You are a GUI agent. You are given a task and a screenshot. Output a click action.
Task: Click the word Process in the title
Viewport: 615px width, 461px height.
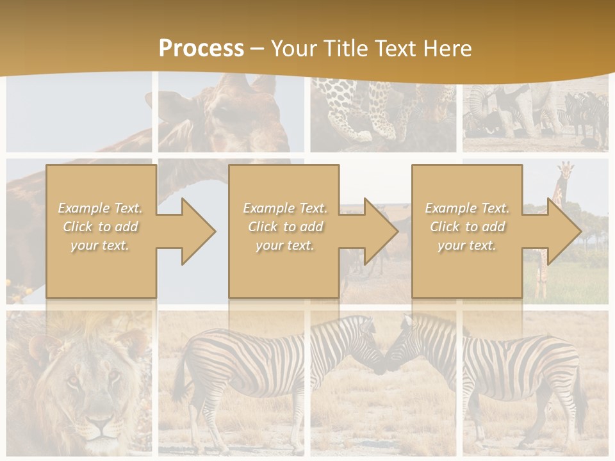(x=201, y=48)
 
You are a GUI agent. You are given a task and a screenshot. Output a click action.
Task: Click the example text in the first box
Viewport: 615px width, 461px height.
(x=100, y=227)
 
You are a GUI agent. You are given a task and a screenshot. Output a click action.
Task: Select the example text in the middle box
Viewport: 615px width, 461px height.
(x=284, y=227)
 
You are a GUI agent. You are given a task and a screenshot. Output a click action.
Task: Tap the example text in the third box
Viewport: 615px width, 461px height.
(x=467, y=227)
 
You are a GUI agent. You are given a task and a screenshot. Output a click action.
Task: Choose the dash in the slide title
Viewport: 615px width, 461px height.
(x=257, y=49)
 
